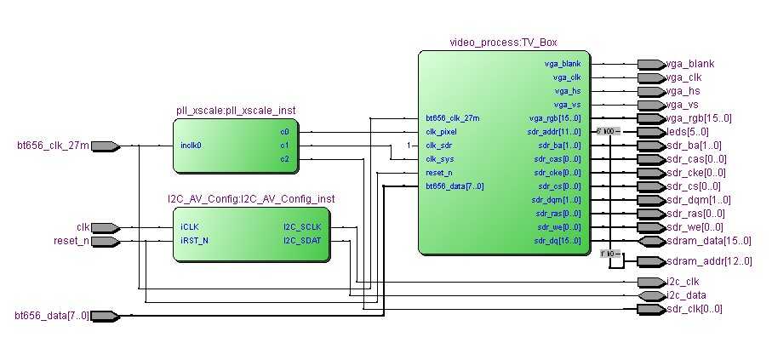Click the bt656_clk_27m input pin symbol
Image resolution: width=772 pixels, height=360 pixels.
pos(104,146)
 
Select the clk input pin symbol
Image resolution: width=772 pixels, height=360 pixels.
pos(104,227)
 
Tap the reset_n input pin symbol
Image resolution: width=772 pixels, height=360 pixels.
pos(104,241)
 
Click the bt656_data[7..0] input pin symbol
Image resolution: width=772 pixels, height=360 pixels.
pos(104,316)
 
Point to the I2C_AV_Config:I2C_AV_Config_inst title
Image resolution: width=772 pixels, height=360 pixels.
pos(251,199)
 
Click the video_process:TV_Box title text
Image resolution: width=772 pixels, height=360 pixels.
pos(503,43)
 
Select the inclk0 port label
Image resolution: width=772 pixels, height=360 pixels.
pos(192,146)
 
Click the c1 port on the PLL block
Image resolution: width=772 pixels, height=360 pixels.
pos(284,146)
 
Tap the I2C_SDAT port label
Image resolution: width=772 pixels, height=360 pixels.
pos(302,241)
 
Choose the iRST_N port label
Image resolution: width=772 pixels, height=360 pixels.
pos(195,241)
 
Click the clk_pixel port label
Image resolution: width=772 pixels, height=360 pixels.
pos(443,132)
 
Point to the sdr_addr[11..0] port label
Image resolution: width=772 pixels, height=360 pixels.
pos(554,132)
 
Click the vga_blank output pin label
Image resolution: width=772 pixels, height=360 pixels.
pos(690,64)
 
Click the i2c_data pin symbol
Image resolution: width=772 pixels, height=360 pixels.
pos(650,295)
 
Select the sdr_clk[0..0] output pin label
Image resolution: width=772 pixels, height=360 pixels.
pos(695,309)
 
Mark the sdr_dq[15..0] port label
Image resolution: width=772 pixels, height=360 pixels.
pos(558,241)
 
